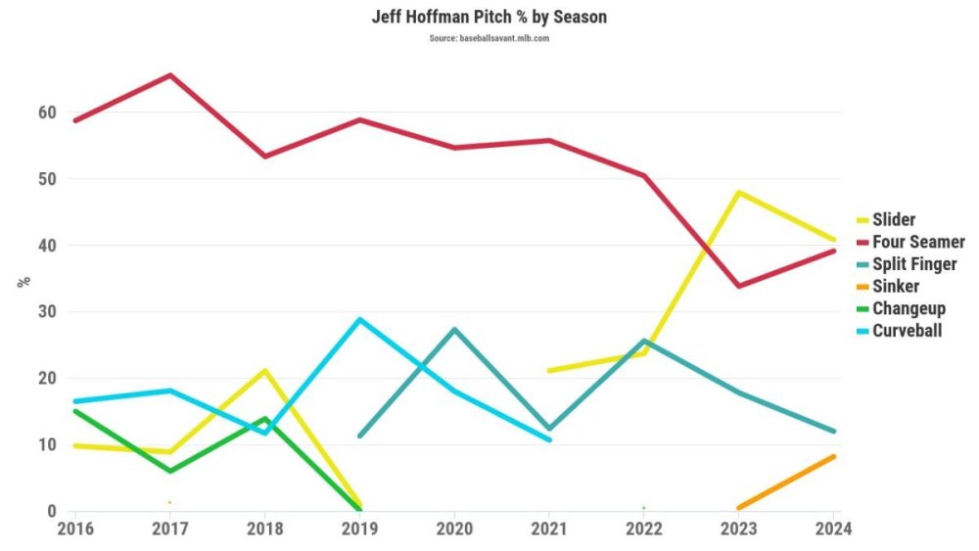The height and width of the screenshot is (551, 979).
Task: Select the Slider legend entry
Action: coord(894,219)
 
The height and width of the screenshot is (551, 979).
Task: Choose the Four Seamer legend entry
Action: coord(918,242)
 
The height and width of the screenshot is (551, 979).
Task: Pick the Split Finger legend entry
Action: coord(914,264)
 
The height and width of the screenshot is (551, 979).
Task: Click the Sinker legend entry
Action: coord(896,287)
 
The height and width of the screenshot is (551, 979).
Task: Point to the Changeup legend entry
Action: coord(909,308)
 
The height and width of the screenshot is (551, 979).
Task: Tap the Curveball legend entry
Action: coord(907,331)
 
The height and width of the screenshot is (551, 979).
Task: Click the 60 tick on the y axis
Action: coord(47,113)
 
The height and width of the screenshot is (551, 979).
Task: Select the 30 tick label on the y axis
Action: coord(47,312)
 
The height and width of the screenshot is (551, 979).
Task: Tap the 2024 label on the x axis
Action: coord(833,529)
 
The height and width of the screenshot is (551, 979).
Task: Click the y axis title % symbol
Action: coord(23,282)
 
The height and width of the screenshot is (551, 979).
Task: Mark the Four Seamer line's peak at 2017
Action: coord(170,75)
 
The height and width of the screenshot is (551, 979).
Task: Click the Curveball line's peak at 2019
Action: coord(360,320)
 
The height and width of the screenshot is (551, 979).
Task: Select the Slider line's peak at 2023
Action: coord(738,192)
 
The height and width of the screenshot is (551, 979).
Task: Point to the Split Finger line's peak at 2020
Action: coord(454,329)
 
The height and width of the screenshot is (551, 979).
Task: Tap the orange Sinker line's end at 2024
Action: coord(833,456)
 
